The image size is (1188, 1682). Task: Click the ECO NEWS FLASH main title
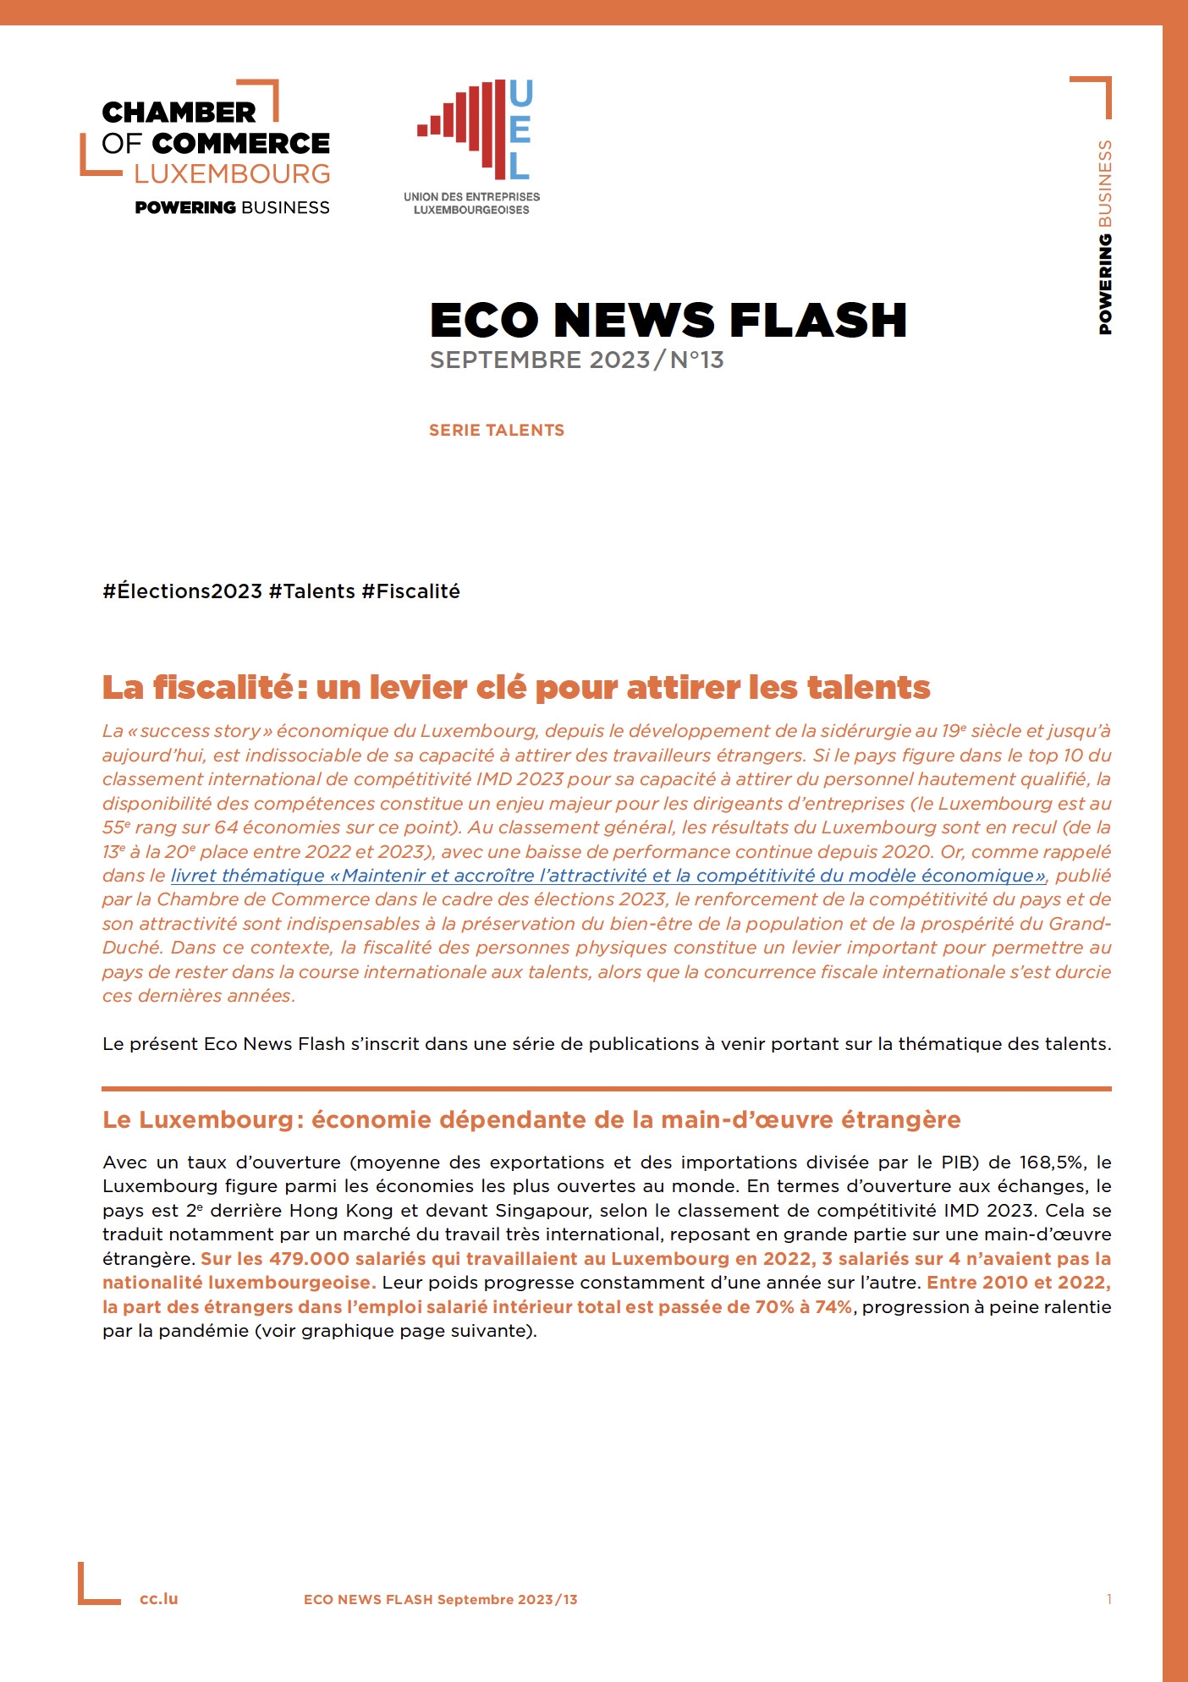(x=668, y=321)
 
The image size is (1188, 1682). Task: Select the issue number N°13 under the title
(x=696, y=360)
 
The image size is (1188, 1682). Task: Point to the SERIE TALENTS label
(x=496, y=430)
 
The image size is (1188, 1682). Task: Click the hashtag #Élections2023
(x=182, y=591)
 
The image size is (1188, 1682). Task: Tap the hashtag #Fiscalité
(x=410, y=591)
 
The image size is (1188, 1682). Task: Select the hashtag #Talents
(x=311, y=591)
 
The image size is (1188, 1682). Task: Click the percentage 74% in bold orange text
(x=833, y=1307)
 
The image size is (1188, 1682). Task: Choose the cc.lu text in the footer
(x=159, y=1599)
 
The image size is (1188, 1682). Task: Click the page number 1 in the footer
(x=1108, y=1599)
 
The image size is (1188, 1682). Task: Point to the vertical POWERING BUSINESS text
(x=1104, y=237)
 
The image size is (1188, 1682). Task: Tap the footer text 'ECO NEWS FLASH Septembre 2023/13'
(x=440, y=1599)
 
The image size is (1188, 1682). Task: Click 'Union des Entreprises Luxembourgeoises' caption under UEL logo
(x=471, y=203)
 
